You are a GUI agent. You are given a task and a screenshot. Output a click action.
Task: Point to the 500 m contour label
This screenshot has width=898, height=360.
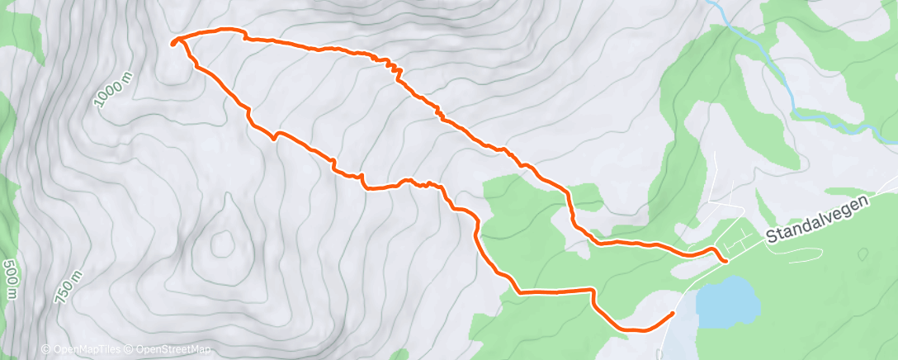coord(11,281)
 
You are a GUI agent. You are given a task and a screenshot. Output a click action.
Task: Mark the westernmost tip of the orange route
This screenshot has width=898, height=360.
coord(173,44)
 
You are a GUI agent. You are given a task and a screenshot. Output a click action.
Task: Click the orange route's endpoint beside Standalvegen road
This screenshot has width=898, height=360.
coord(725,261)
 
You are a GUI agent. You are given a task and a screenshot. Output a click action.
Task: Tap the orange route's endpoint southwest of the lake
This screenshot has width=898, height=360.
coord(673,314)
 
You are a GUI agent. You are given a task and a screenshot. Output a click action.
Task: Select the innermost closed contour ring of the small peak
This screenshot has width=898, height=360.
coord(221,243)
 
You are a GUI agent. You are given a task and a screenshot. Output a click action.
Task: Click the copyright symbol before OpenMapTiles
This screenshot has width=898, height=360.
coord(45,351)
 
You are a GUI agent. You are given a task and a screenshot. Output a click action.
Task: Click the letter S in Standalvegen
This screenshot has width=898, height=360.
coord(771,238)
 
